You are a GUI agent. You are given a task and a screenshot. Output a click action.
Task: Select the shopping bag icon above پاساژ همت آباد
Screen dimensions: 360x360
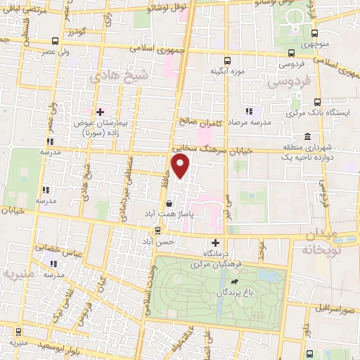(169, 205)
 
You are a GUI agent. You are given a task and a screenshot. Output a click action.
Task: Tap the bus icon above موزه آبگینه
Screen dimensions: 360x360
(226, 60)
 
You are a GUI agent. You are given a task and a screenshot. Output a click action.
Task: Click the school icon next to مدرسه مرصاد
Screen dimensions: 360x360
(247, 111)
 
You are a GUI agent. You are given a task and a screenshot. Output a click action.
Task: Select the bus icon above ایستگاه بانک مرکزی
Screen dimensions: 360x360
(318, 101)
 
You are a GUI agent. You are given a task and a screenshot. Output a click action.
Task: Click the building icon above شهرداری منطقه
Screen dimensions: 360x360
(307, 137)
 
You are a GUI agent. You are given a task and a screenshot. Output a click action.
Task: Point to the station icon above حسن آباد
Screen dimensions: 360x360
(157, 230)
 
